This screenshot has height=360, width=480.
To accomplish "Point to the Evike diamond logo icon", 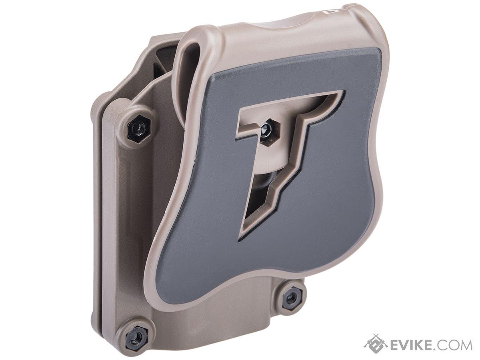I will tap(375, 344).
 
